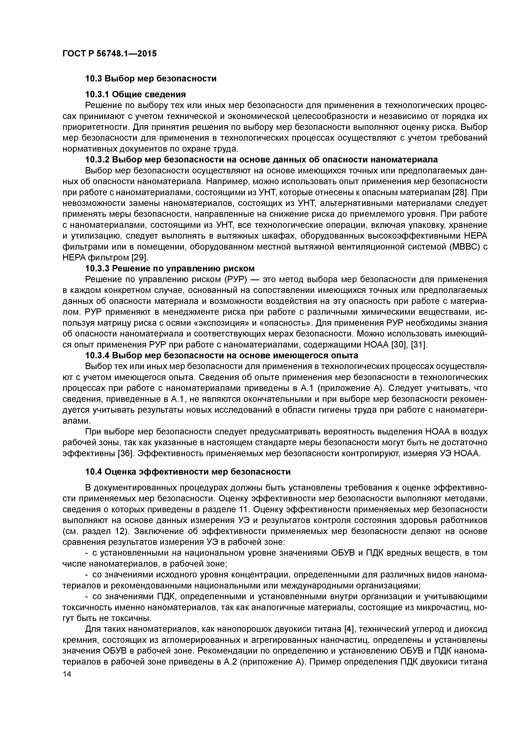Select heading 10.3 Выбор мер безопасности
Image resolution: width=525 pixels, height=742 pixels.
(x=151, y=78)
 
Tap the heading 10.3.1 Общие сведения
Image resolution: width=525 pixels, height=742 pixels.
(x=135, y=94)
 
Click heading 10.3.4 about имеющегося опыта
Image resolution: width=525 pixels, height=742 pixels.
(x=222, y=356)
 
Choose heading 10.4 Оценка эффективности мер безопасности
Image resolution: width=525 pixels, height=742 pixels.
(x=188, y=472)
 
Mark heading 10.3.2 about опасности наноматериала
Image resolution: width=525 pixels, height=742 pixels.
(x=261, y=160)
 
